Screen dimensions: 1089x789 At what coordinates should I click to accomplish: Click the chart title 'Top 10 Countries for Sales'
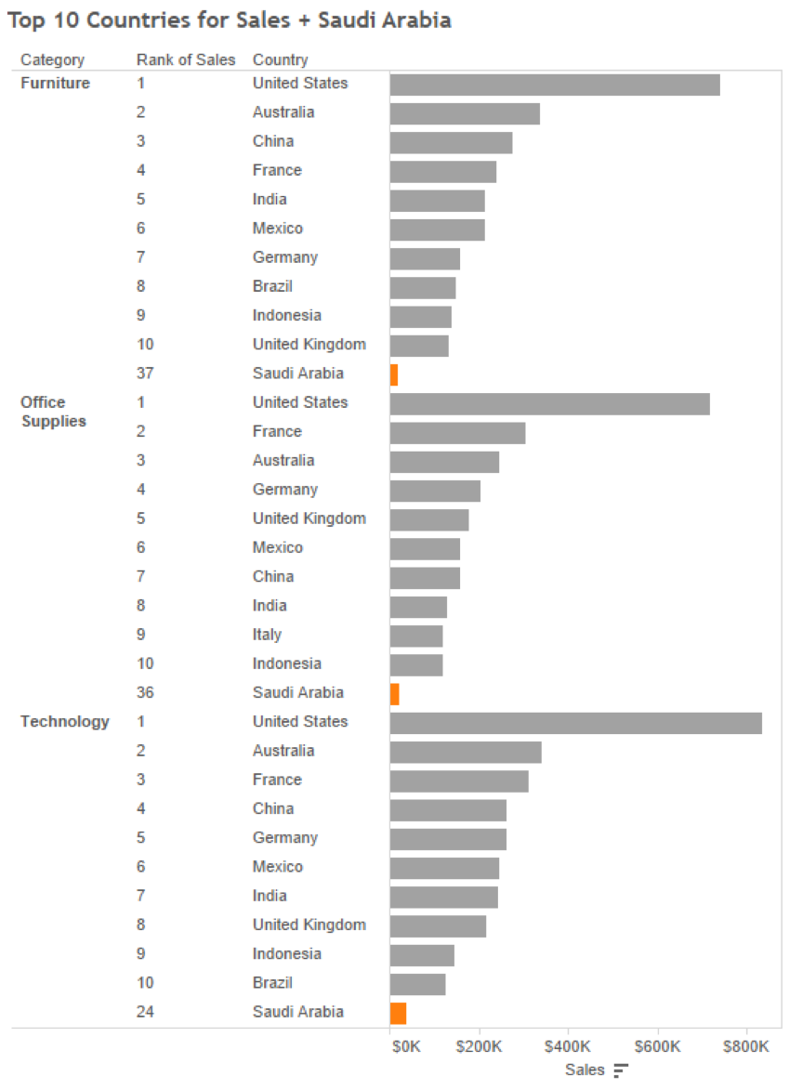coord(230,20)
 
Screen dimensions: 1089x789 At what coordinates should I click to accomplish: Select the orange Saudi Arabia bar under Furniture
coord(394,374)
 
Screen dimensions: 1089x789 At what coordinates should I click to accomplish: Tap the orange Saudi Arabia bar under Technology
coord(398,1013)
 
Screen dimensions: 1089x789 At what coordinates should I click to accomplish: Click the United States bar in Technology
coord(575,723)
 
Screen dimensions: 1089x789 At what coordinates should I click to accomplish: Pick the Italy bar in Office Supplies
coord(416,636)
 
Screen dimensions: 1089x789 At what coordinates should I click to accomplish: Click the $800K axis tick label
coord(746,1046)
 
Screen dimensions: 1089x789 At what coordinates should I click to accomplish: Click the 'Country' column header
coord(280,59)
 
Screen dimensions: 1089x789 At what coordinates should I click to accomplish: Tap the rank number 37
coord(145,374)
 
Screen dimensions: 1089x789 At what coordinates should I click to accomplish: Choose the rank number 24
coord(145,1012)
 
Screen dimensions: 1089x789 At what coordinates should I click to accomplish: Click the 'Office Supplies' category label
coord(53,412)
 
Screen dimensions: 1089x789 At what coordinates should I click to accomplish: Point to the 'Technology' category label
coord(65,722)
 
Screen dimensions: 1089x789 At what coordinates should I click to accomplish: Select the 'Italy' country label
coord(267,635)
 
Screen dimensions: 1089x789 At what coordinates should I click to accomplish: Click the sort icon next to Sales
coord(621,1070)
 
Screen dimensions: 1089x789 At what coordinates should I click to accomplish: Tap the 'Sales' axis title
coord(585,1070)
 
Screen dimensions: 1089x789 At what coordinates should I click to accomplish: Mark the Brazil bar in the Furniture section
coord(423,287)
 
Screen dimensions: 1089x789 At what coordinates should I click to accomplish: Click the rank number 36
coord(145,692)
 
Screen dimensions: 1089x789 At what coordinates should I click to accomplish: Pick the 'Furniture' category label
coord(56,84)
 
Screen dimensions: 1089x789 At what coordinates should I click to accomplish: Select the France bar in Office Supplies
coord(457,433)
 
